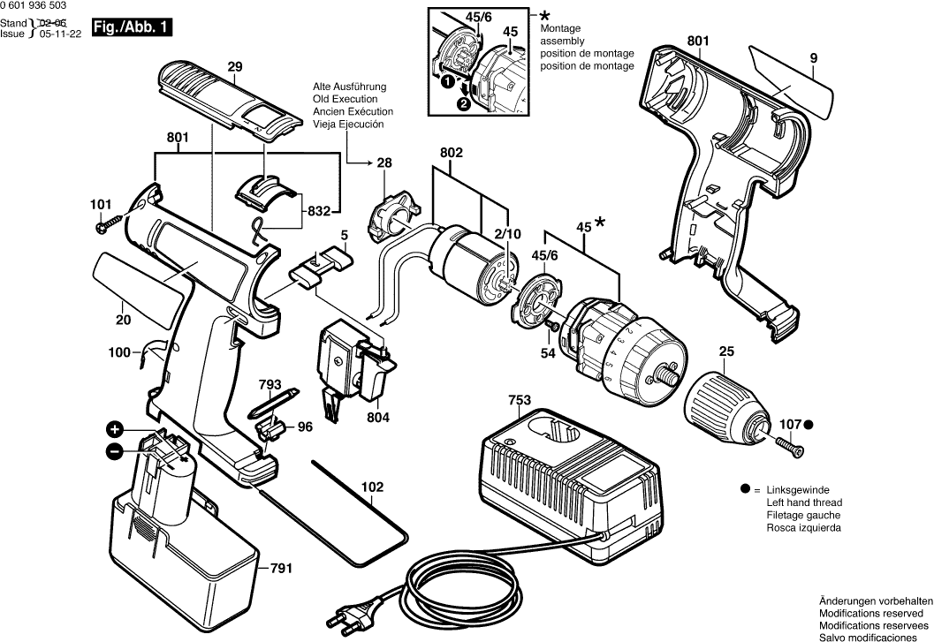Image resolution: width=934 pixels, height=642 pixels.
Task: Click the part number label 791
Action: click(x=281, y=569)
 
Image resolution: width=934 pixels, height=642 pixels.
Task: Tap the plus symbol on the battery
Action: click(x=114, y=431)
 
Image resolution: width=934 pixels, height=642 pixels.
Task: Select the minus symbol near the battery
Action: click(x=114, y=452)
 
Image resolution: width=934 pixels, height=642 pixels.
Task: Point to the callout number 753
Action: click(x=520, y=401)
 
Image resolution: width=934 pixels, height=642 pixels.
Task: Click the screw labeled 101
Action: click(x=103, y=226)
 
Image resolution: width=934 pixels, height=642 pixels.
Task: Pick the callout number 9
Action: click(x=812, y=58)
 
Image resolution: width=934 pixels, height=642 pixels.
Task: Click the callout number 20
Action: click(x=123, y=321)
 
